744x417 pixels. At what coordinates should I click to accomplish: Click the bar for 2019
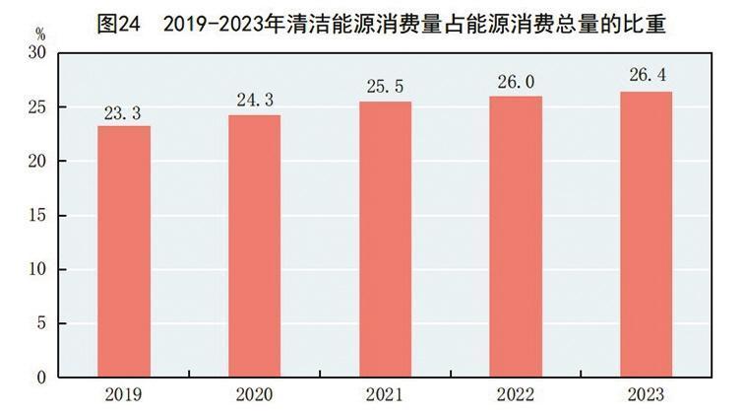pos(124,251)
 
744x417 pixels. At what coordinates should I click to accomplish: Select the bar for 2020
pos(254,246)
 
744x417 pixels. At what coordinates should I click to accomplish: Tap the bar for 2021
pos(385,240)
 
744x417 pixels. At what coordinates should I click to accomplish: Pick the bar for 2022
pos(515,237)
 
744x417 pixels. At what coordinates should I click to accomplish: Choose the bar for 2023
pos(646,235)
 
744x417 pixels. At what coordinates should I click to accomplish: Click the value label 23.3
pos(124,113)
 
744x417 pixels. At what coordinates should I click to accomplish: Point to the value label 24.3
pos(254,102)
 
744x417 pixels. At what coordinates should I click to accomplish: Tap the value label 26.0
pos(515,83)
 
